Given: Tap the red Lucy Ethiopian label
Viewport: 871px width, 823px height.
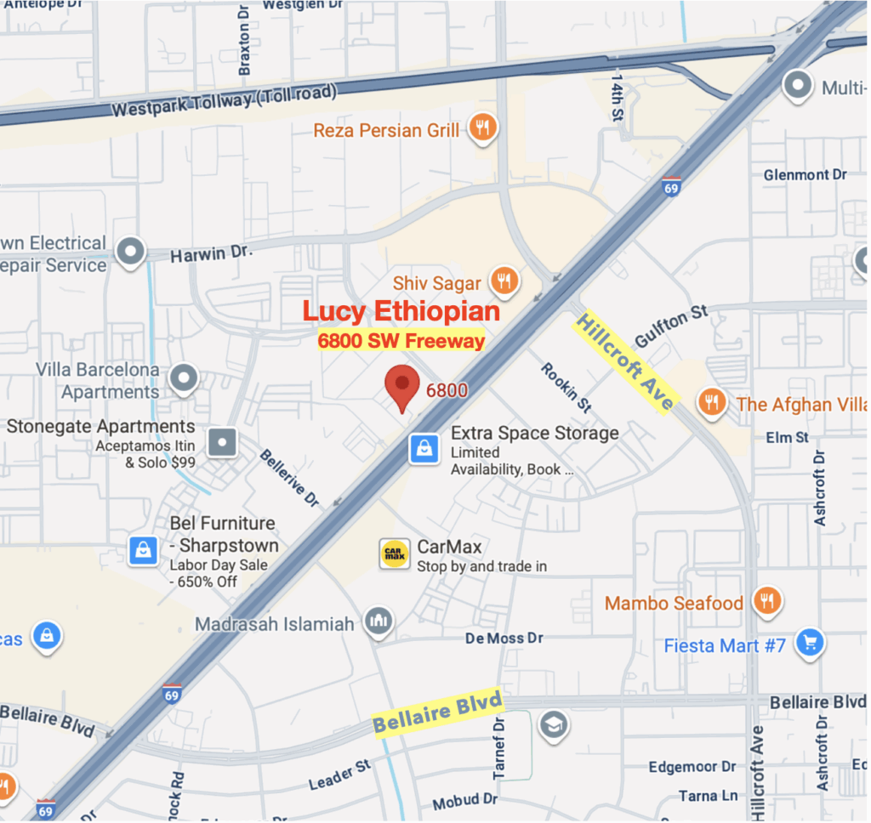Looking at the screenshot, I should point(401,312).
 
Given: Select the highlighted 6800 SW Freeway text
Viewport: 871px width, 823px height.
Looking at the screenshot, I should point(401,341).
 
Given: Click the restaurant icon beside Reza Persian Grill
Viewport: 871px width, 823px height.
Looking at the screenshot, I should point(483,130).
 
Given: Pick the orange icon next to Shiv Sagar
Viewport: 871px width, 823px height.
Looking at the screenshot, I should point(504,282).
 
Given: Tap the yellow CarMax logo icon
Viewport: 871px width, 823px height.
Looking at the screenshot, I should point(395,554).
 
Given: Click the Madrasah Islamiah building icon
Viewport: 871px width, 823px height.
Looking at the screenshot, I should point(379,623).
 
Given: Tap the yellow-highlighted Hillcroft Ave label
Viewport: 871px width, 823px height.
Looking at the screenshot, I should point(625,360).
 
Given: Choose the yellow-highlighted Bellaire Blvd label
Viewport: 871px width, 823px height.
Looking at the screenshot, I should point(437,712).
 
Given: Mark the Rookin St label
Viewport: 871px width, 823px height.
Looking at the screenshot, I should point(565,388).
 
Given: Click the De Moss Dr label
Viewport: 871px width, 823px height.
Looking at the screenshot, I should point(504,638).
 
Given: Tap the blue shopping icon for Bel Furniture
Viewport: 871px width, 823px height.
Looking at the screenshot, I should point(143,550).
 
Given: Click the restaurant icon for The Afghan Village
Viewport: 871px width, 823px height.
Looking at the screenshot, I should point(711,403).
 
